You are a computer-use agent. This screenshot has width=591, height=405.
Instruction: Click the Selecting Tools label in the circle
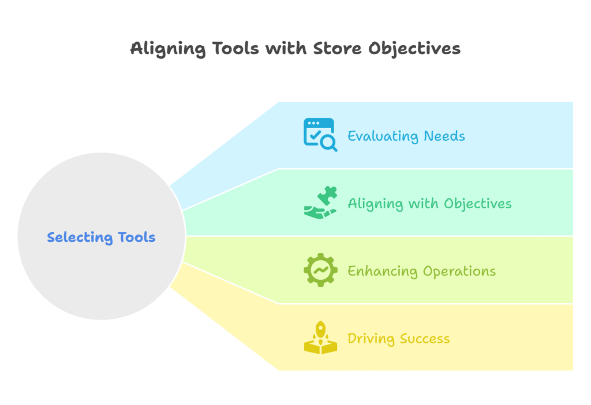pyautogui.click(x=101, y=237)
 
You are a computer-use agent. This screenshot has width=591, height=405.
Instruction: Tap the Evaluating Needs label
pyautogui.click(x=406, y=136)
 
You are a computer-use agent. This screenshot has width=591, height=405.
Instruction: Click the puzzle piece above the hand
pyautogui.click(x=327, y=195)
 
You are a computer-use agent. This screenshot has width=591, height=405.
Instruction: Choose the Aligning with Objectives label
pyautogui.click(x=429, y=204)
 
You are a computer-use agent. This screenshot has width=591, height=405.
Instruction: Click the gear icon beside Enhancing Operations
pyautogui.click(x=320, y=270)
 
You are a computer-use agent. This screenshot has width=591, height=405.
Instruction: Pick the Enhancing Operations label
pyautogui.click(x=421, y=271)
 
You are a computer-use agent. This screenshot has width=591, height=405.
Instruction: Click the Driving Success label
pyautogui.click(x=398, y=339)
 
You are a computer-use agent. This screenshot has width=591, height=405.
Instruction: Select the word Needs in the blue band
pyautogui.click(x=444, y=136)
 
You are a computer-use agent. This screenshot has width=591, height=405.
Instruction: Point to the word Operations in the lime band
pyautogui.click(x=459, y=272)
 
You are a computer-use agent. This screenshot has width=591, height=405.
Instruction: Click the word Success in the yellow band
pyautogui.click(x=425, y=339)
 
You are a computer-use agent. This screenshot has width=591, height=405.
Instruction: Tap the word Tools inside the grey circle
pyautogui.click(x=136, y=237)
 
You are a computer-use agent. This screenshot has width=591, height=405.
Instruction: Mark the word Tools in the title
pyautogui.click(x=235, y=48)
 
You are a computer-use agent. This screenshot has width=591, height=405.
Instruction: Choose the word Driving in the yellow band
pyautogui.click(x=371, y=339)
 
